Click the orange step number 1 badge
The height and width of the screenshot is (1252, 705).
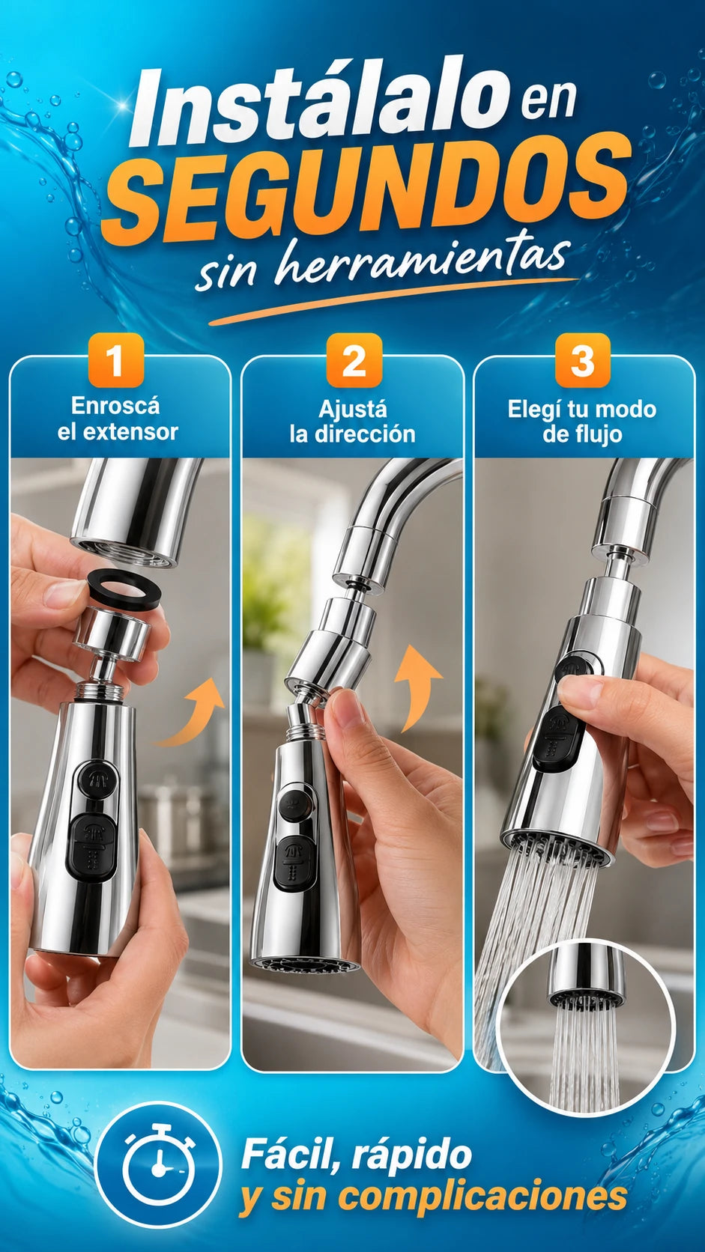tap(115, 360)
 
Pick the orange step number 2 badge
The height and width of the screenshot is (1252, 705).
tap(354, 360)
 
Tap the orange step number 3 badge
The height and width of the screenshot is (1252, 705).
tap(583, 360)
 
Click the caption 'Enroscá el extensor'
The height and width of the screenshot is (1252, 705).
tap(117, 419)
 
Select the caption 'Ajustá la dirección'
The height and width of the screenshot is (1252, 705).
tap(352, 422)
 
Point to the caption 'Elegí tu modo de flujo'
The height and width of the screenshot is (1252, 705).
tap(582, 422)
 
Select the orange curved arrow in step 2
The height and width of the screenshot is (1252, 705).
tap(417, 687)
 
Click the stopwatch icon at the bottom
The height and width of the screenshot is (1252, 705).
tap(159, 1164)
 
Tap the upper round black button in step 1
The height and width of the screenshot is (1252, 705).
tap(95, 779)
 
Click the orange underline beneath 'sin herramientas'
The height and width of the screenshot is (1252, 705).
tap(393, 301)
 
